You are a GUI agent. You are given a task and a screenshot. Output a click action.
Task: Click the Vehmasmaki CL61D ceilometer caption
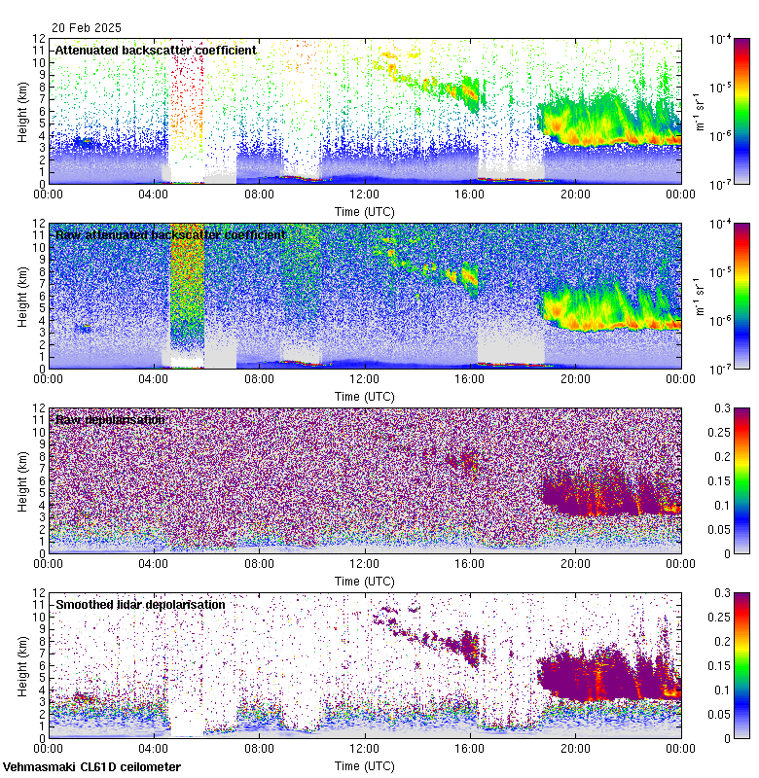coord(91,767)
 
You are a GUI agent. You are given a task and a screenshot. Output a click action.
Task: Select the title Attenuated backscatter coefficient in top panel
coord(156,50)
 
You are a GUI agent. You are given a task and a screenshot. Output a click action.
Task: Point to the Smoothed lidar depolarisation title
coord(140,604)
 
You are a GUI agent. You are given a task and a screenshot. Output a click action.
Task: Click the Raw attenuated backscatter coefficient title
coord(170,234)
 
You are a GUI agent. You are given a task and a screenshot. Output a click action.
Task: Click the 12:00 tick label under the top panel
coord(365,194)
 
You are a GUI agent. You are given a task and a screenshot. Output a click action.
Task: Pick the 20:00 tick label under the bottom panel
coord(575,748)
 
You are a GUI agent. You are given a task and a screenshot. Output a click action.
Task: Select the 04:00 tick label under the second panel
coord(155,378)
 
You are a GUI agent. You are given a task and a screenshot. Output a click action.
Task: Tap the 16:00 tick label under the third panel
coord(470,563)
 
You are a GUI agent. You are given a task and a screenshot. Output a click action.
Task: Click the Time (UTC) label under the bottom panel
coord(365,765)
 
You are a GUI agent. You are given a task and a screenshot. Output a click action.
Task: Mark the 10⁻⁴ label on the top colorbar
coord(723,38)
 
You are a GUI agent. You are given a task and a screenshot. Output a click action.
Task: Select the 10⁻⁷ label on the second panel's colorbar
coord(723,370)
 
